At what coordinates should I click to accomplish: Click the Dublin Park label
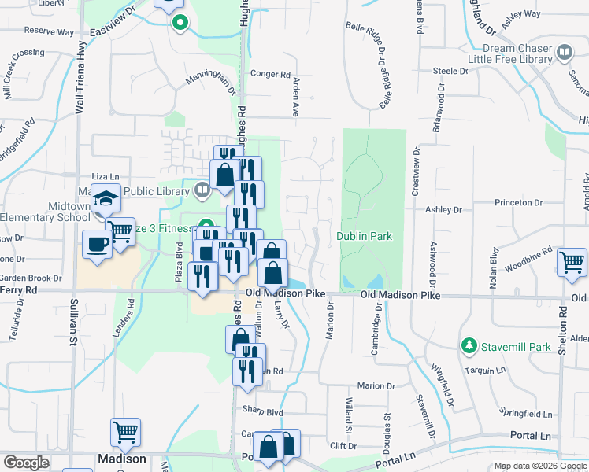[364, 236]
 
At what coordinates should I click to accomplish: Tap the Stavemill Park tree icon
[469, 345]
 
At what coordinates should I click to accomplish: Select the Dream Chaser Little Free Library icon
[565, 53]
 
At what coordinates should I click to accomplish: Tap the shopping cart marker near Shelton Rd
[572, 261]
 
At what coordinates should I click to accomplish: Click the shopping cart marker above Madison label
[125, 430]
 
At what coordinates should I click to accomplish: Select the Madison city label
[121, 459]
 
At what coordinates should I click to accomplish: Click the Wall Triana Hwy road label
[79, 79]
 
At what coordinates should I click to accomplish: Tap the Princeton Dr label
[519, 202]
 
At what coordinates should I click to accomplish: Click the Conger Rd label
[270, 74]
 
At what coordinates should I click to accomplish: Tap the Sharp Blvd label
[261, 411]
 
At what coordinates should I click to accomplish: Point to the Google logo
[26, 463]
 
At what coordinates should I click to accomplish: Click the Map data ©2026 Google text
[539, 466]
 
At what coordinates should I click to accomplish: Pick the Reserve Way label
[49, 32]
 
